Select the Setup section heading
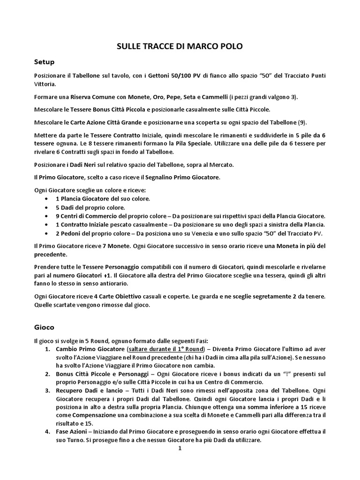[x=45, y=62]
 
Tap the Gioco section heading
[x=44, y=326]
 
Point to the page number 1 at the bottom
[x=180, y=448]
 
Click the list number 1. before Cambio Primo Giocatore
[x=47, y=350]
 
